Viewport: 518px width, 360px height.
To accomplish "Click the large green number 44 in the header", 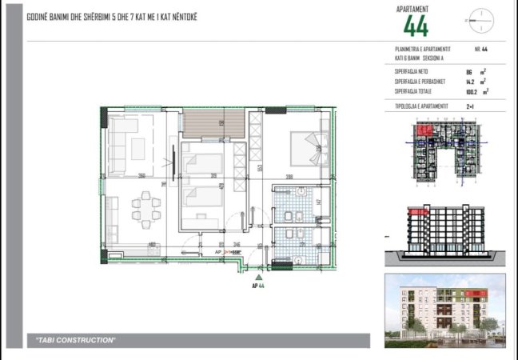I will click(416, 26).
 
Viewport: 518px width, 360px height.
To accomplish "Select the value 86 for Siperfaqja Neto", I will click(468, 72).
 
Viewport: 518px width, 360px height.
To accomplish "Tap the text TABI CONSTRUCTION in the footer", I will click(77, 341).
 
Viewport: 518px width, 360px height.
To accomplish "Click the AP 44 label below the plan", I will click(257, 284).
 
